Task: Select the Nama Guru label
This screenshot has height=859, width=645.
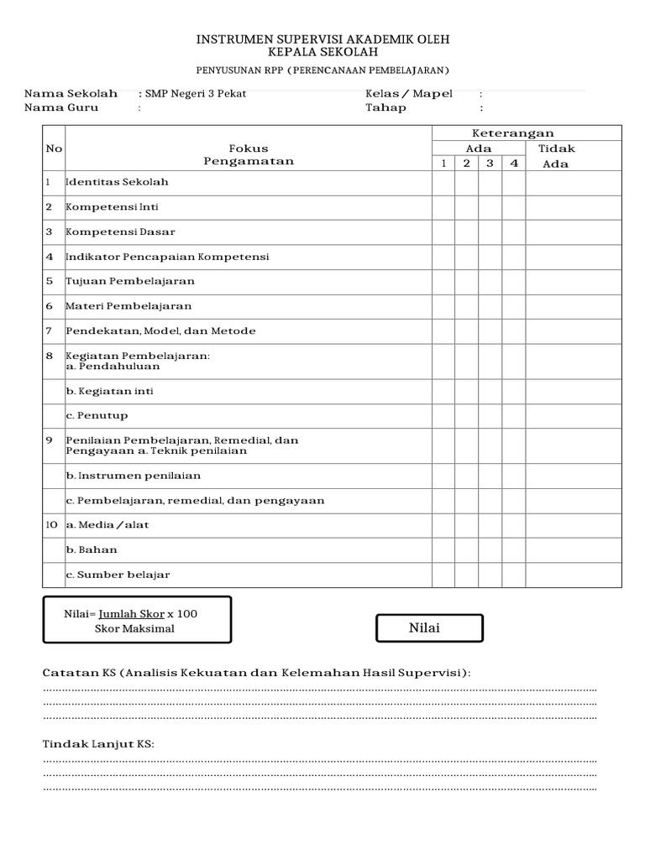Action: tap(61, 107)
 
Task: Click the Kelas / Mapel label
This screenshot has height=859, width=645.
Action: tap(408, 93)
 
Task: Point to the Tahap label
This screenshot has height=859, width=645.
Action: tap(385, 107)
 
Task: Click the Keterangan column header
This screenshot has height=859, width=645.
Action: tap(512, 133)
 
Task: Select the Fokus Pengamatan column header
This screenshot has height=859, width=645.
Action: tap(249, 154)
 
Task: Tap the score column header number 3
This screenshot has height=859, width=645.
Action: tap(490, 164)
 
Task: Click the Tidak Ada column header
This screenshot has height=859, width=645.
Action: tap(556, 156)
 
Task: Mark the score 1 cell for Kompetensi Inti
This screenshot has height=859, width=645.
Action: tap(443, 207)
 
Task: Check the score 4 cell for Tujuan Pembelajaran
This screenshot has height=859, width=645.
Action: tap(513, 282)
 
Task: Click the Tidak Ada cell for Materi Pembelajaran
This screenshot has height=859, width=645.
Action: tap(574, 306)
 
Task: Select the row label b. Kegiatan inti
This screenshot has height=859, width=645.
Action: tap(109, 391)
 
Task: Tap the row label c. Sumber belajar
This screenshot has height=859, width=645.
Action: tap(118, 575)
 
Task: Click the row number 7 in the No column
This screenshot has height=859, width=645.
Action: tap(49, 331)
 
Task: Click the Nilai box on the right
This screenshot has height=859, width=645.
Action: tap(429, 628)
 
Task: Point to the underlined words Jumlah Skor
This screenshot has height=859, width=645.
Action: tap(132, 614)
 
